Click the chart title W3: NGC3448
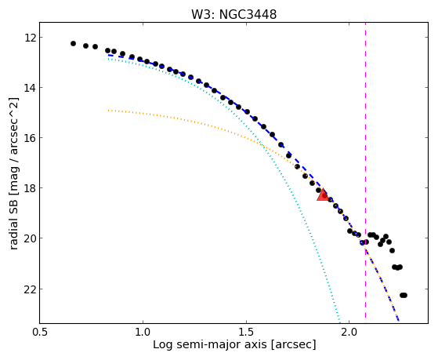point(233,14)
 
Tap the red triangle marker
point(323,195)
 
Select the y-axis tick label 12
point(30,37)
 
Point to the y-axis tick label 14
point(30,88)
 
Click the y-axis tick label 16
point(30,137)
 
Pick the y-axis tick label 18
point(30,188)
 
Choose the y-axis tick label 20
point(30,238)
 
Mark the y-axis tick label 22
point(30,289)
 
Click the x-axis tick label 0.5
point(40,332)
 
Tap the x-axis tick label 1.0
point(143,332)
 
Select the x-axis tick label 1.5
point(246,332)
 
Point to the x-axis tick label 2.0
point(349,332)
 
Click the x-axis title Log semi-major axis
point(210,344)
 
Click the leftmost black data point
point(73,43)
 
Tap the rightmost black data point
point(404,295)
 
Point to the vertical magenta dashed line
point(365,170)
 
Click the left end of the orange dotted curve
point(108,111)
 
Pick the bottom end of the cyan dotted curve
point(339,322)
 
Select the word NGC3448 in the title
point(248,14)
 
